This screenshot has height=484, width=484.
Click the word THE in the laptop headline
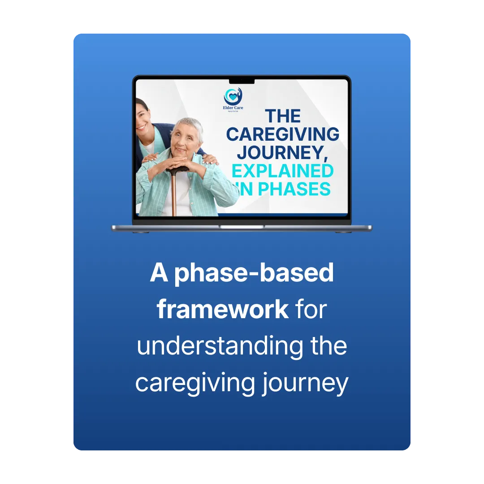[283, 116]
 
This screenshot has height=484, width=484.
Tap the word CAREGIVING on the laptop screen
[283, 134]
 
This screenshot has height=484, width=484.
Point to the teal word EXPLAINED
[282, 171]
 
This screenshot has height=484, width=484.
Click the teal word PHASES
[294, 189]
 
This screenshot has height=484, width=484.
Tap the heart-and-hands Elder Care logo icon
[233, 96]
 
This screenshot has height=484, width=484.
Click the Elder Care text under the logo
[233, 108]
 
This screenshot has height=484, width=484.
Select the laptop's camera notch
[242, 82]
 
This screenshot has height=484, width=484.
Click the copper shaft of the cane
[174, 194]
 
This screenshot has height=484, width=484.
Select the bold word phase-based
[254, 273]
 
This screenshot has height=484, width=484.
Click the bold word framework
[223, 309]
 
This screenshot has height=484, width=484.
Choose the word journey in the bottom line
[305, 383]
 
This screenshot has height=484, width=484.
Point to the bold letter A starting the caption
[159, 272]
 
